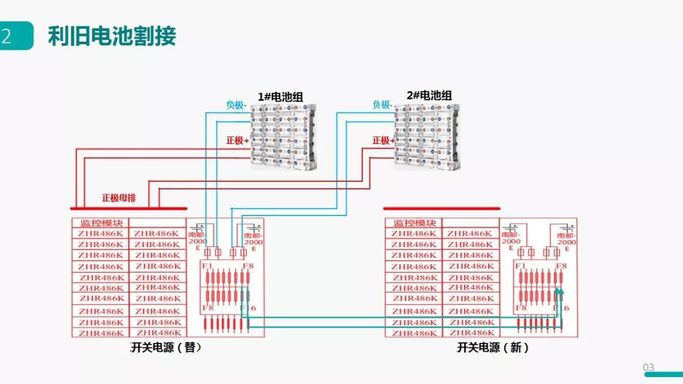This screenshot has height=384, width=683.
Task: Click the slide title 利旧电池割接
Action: [112, 37]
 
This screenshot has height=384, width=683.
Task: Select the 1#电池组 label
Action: [280, 97]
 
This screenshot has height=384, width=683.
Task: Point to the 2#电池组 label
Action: [429, 95]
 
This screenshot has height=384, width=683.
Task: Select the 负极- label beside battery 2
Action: [381, 105]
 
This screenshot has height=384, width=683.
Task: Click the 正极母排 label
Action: [119, 198]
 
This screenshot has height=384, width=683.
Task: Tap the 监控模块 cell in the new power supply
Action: [414, 223]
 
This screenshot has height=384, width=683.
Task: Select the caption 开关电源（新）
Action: [493, 347]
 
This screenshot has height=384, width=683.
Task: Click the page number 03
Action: [649, 368]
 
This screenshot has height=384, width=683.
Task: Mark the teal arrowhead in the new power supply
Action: [558, 291]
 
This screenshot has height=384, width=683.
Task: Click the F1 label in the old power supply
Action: [206, 266]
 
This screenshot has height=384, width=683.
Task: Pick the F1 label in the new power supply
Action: [520, 266]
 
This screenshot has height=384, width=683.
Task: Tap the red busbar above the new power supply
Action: [441, 208]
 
